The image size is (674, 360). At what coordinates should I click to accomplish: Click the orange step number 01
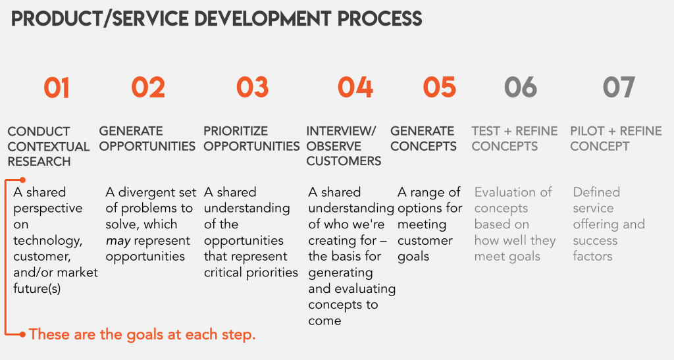pyautogui.click(x=57, y=88)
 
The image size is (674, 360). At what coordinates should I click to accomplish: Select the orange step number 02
pyautogui.click(x=148, y=88)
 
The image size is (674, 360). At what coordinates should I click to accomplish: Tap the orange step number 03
pyautogui.click(x=252, y=88)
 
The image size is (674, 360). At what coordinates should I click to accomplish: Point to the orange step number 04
pyautogui.click(x=355, y=88)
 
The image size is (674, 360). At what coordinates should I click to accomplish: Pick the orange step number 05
pyautogui.click(x=439, y=88)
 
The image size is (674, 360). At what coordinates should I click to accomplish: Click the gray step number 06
pyautogui.click(x=521, y=88)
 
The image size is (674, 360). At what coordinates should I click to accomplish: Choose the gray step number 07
pyautogui.click(x=619, y=88)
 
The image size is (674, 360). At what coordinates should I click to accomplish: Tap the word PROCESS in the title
pyautogui.click(x=380, y=19)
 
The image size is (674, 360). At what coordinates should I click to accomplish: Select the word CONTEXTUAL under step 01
pyautogui.click(x=49, y=147)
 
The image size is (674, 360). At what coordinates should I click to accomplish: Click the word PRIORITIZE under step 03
pyautogui.click(x=236, y=131)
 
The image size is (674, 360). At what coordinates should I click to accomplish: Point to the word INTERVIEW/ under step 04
pyautogui.click(x=342, y=131)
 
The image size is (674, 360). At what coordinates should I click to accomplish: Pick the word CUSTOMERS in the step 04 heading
pyautogui.click(x=344, y=161)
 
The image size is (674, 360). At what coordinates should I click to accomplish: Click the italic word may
pyautogui.click(x=118, y=241)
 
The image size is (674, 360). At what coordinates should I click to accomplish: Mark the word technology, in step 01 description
pyautogui.click(x=47, y=241)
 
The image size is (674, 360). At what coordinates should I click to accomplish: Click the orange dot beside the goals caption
pyautogui.click(x=22, y=334)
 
